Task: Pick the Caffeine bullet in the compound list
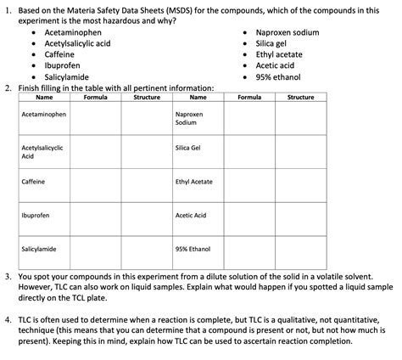click(59, 54)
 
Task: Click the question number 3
click(8, 276)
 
